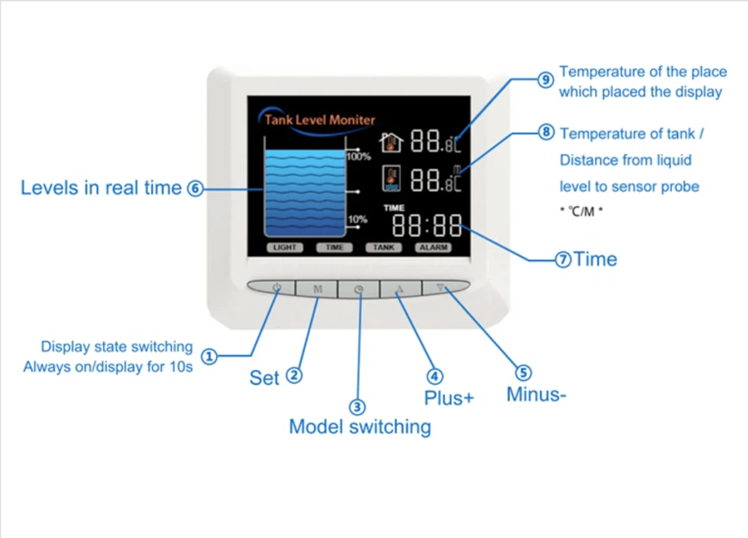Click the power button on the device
point(277,287)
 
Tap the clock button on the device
point(358,288)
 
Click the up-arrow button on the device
point(400,288)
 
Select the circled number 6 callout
point(194,188)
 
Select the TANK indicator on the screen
point(383,246)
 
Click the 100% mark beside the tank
point(358,156)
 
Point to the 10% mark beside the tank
point(358,219)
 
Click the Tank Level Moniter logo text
point(318,120)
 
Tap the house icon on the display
point(393,142)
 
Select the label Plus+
point(448,398)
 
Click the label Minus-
point(536,394)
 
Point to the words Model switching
point(359,427)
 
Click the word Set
point(264,378)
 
